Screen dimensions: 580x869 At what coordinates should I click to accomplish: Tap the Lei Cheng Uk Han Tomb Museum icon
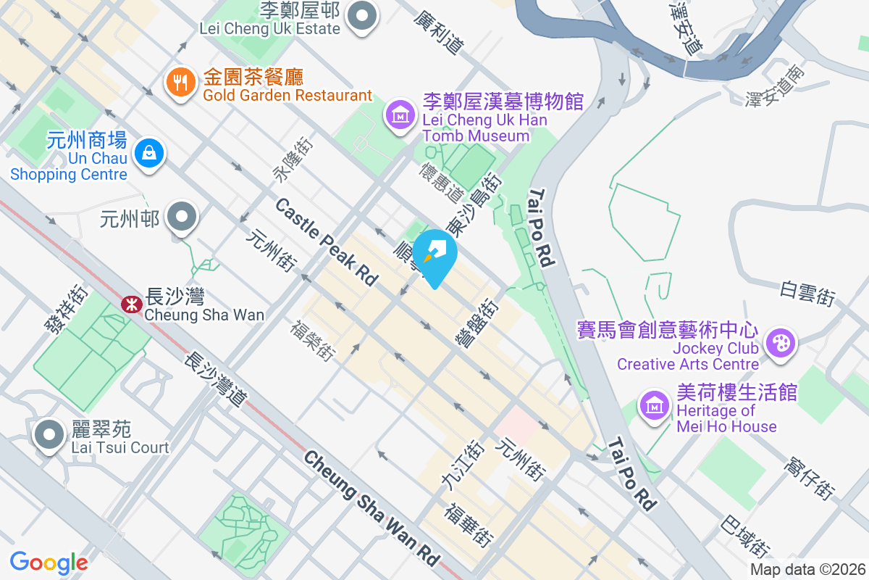click(399, 115)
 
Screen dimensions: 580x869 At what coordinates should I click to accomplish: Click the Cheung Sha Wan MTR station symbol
click(130, 304)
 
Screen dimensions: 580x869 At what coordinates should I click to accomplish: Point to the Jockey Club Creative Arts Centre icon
click(780, 342)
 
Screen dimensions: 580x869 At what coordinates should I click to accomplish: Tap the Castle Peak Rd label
click(327, 242)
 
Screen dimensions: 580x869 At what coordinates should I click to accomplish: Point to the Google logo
click(49, 562)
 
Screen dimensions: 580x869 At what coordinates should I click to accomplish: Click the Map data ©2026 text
click(807, 570)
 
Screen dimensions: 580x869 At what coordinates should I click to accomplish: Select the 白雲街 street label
click(807, 292)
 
